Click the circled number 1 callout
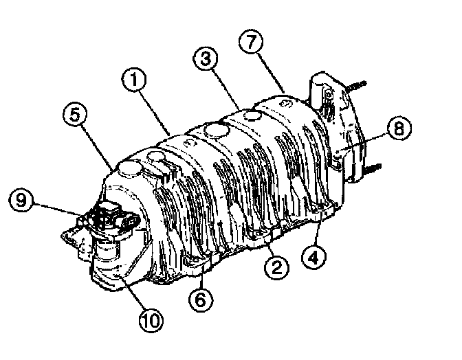pos(134,79)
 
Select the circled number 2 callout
pos(276,267)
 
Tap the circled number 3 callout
pos(206,58)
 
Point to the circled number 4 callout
pos(313,258)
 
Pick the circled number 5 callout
pos(75,114)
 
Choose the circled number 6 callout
pos(201,300)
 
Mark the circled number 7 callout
pos(251,41)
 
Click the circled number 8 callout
pos(399,128)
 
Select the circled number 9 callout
pos(21,200)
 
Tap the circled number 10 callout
pos(151,320)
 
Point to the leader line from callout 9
pos(57,209)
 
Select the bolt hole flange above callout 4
pos(323,207)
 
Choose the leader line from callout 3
pos(225,89)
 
